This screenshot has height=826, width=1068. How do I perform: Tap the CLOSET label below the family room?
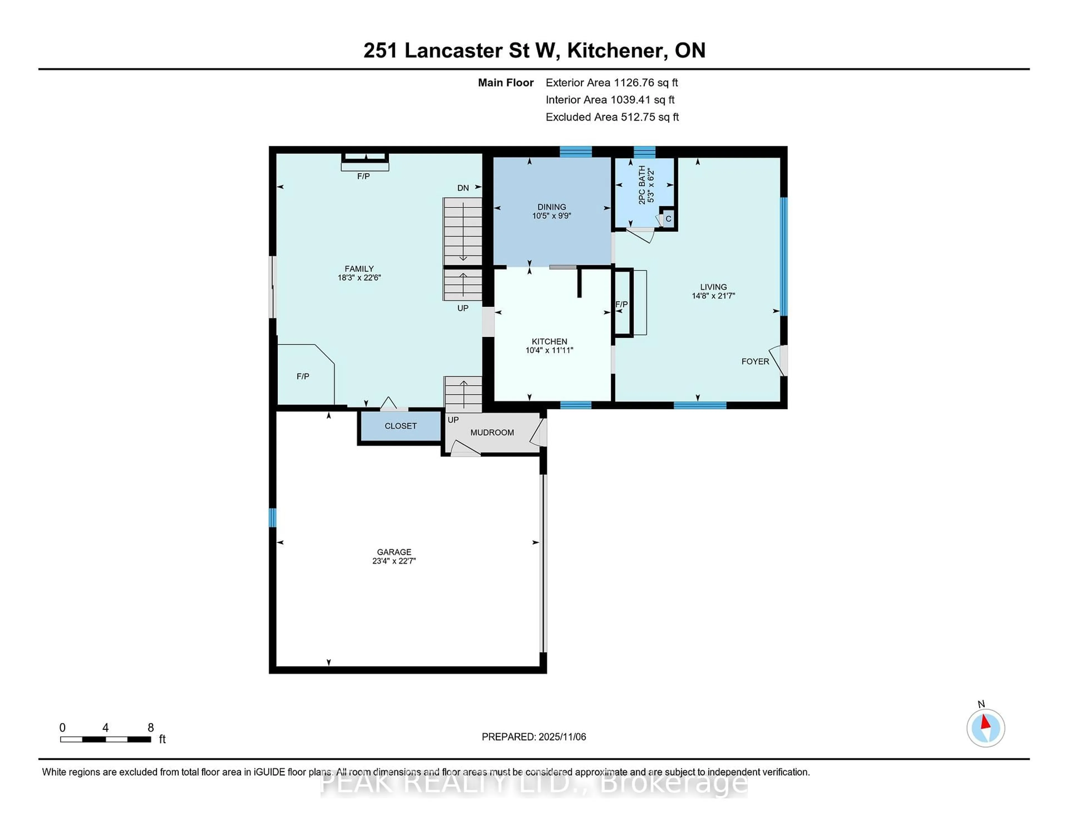(400, 426)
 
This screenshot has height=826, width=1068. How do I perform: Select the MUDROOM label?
(492, 432)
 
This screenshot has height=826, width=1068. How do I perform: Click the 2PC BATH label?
(642, 185)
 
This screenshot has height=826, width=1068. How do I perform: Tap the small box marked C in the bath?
(668, 219)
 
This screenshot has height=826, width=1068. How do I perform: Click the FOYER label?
(755, 362)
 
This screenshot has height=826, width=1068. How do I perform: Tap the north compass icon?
(985, 728)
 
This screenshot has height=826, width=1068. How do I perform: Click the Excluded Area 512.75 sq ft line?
(612, 117)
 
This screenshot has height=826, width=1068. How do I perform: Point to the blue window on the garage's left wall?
(272, 518)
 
